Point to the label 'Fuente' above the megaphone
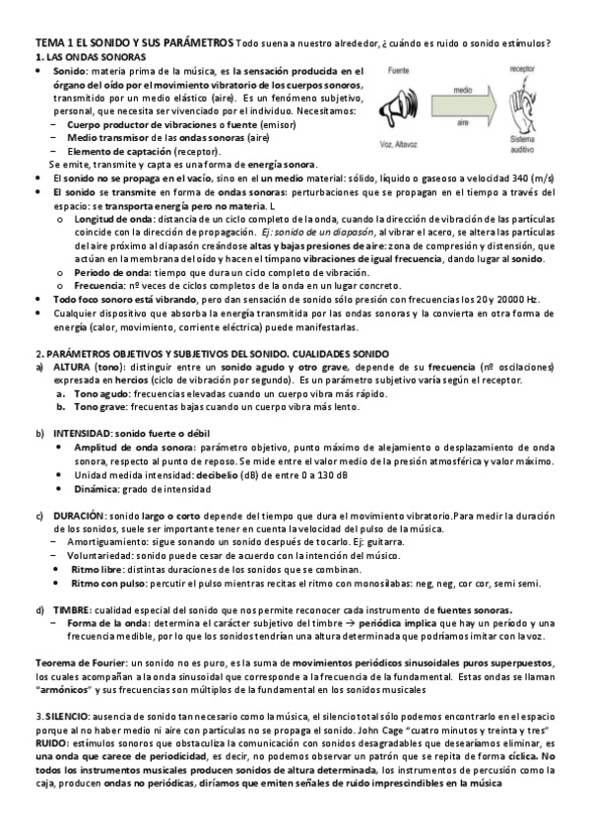[x=399, y=73]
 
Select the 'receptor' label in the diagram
[x=523, y=69]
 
